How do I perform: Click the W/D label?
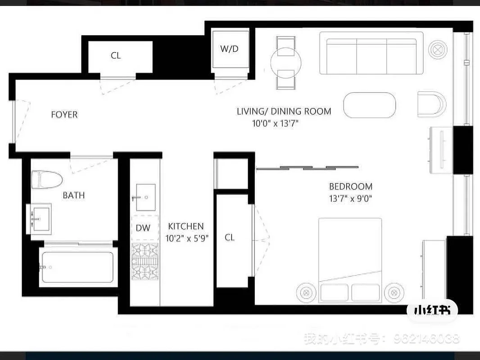click(229, 49)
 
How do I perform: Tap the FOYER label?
click(64, 115)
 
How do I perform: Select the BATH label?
click(73, 195)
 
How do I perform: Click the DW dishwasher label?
click(143, 228)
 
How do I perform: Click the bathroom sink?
click(41, 219)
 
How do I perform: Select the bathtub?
click(77, 267)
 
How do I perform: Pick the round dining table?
click(285, 63)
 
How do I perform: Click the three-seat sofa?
click(371, 55)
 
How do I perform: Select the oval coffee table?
click(370, 105)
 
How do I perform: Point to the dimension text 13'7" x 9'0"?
click(351, 198)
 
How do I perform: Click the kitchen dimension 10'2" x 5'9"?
click(186, 238)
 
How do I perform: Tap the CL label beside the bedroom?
click(230, 238)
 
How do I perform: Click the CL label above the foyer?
click(116, 56)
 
